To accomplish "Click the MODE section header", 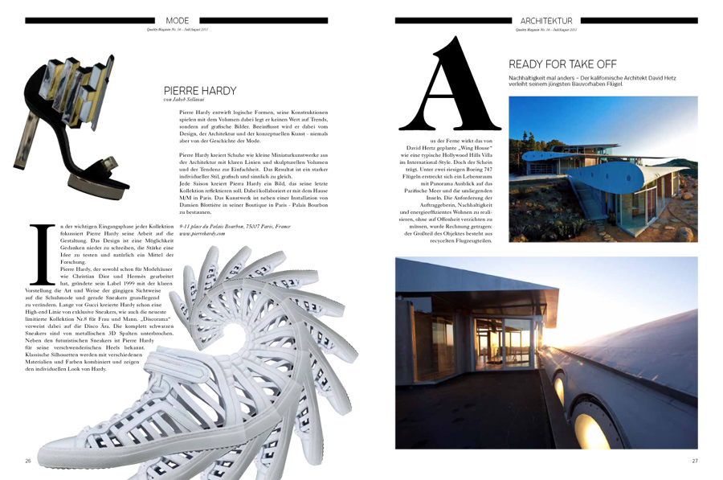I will tap(178, 20).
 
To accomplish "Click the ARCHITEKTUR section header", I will tap(546, 20).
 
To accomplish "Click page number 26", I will tap(28, 461).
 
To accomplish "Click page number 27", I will tap(695, 461).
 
